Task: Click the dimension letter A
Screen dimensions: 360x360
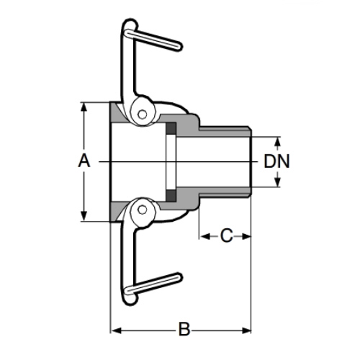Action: (x=84, y=161)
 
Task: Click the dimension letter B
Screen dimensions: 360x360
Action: (x=184, y=330)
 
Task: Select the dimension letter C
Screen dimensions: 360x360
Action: (x=226, y=236)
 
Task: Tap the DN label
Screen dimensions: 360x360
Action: (x=276, y=161)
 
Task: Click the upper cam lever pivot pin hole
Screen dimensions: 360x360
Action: (x=143, y=114)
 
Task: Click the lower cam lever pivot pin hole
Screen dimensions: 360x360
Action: (x=143, y=210)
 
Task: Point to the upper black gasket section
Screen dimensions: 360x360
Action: (x=171, y=128)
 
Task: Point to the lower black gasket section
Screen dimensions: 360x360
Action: (x=171, y=196)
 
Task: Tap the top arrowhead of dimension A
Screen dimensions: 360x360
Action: (x=84, y=107)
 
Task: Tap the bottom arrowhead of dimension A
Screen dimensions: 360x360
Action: (x=84, y=216)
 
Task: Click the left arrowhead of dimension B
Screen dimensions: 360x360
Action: (x=117, y=331)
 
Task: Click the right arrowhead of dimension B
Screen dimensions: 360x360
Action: (x=246, y=331)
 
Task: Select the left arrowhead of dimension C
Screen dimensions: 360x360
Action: (x=205, y=237)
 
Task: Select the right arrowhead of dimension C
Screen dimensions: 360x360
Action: (x=246, y=237)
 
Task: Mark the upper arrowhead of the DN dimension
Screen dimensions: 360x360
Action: (x=277, y=142)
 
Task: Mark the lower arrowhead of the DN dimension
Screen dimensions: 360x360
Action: (x=277, y=181)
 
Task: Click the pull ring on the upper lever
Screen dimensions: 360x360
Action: (x=153, y=40)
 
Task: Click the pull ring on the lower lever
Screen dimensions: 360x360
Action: (x=153, y=284)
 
